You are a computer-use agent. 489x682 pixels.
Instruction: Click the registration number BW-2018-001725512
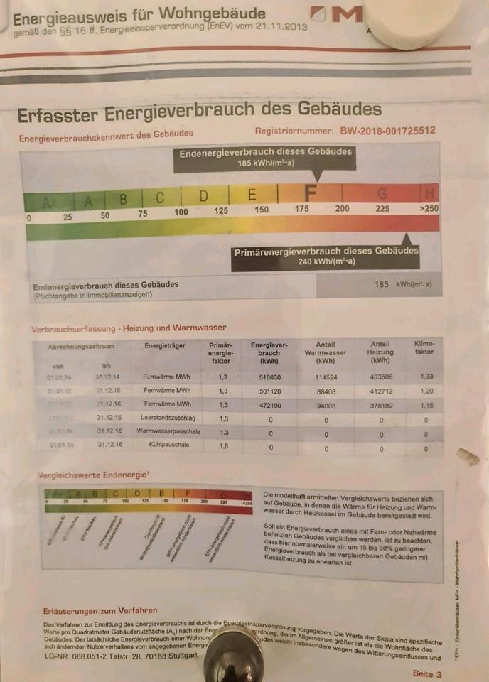point(387,131)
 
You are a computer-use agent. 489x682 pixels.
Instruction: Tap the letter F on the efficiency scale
point(311,193)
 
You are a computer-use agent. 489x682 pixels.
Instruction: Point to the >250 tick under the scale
point(429,209)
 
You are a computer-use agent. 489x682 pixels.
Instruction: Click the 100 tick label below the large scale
point(181,212)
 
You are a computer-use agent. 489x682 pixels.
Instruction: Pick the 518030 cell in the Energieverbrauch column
point(269,377)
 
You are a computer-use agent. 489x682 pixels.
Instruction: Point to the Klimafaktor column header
point(424,347)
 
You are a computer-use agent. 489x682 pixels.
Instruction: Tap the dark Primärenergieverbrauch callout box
point(326,256)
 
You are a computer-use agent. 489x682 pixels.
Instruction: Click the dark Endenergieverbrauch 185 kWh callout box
point(265,158)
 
